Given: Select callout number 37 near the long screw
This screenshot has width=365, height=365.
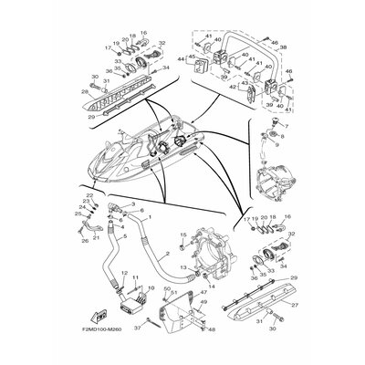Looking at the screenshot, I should click(138, 327).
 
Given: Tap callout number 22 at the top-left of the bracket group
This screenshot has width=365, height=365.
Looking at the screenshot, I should click(90, 196).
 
